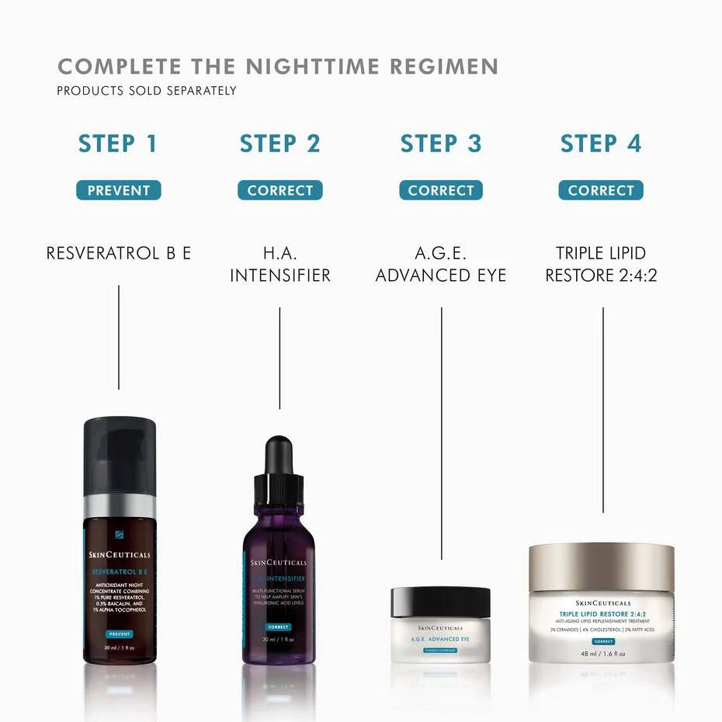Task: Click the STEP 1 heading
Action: tap(118, 144)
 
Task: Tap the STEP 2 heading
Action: tap(279, 144)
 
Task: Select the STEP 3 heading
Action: tap(441, 144)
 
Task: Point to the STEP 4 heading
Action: tap(601, 144)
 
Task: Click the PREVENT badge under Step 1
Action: tap(118, 190)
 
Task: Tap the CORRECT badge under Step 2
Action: tap(279, 190)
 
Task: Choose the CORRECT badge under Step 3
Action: tap(441, 190)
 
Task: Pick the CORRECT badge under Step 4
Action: tap(601, 190)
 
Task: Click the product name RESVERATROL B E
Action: tap(118, 253)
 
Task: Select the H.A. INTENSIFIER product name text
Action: tap(279, 264)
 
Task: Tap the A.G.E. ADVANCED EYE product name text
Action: tap(441, 264)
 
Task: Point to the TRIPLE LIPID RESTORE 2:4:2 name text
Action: tap(601, 264)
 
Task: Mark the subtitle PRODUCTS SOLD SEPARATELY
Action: tap(146, 91)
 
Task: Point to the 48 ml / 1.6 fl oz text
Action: tap(602, 654)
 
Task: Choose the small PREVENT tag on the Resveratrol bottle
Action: tap(119, 634)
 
